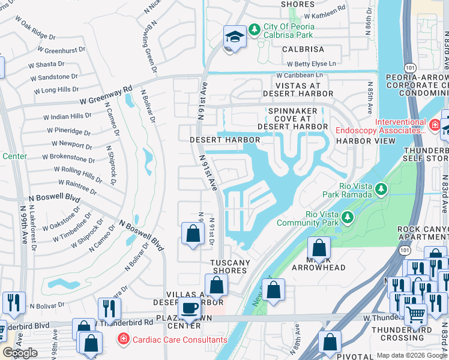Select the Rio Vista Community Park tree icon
[347, 216]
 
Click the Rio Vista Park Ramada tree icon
[381, 190]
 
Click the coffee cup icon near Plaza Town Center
[190, 308]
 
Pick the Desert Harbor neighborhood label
[224, 140]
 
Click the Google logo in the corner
[20, 353]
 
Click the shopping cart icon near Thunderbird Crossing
[415, 313]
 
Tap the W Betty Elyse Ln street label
[311, 64]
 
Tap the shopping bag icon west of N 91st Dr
[192, 233]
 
